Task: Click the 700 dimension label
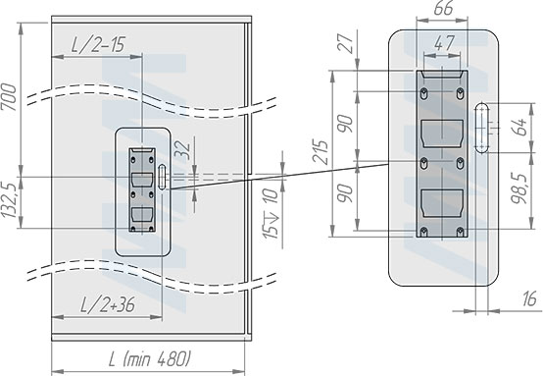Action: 10,97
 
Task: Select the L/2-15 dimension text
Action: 98,45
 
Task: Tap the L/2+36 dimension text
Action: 108,305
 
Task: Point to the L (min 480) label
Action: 150,358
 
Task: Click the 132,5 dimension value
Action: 10,200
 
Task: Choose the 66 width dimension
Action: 443,8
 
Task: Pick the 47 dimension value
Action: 444,43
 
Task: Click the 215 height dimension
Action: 320,151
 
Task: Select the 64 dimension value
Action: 518,127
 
